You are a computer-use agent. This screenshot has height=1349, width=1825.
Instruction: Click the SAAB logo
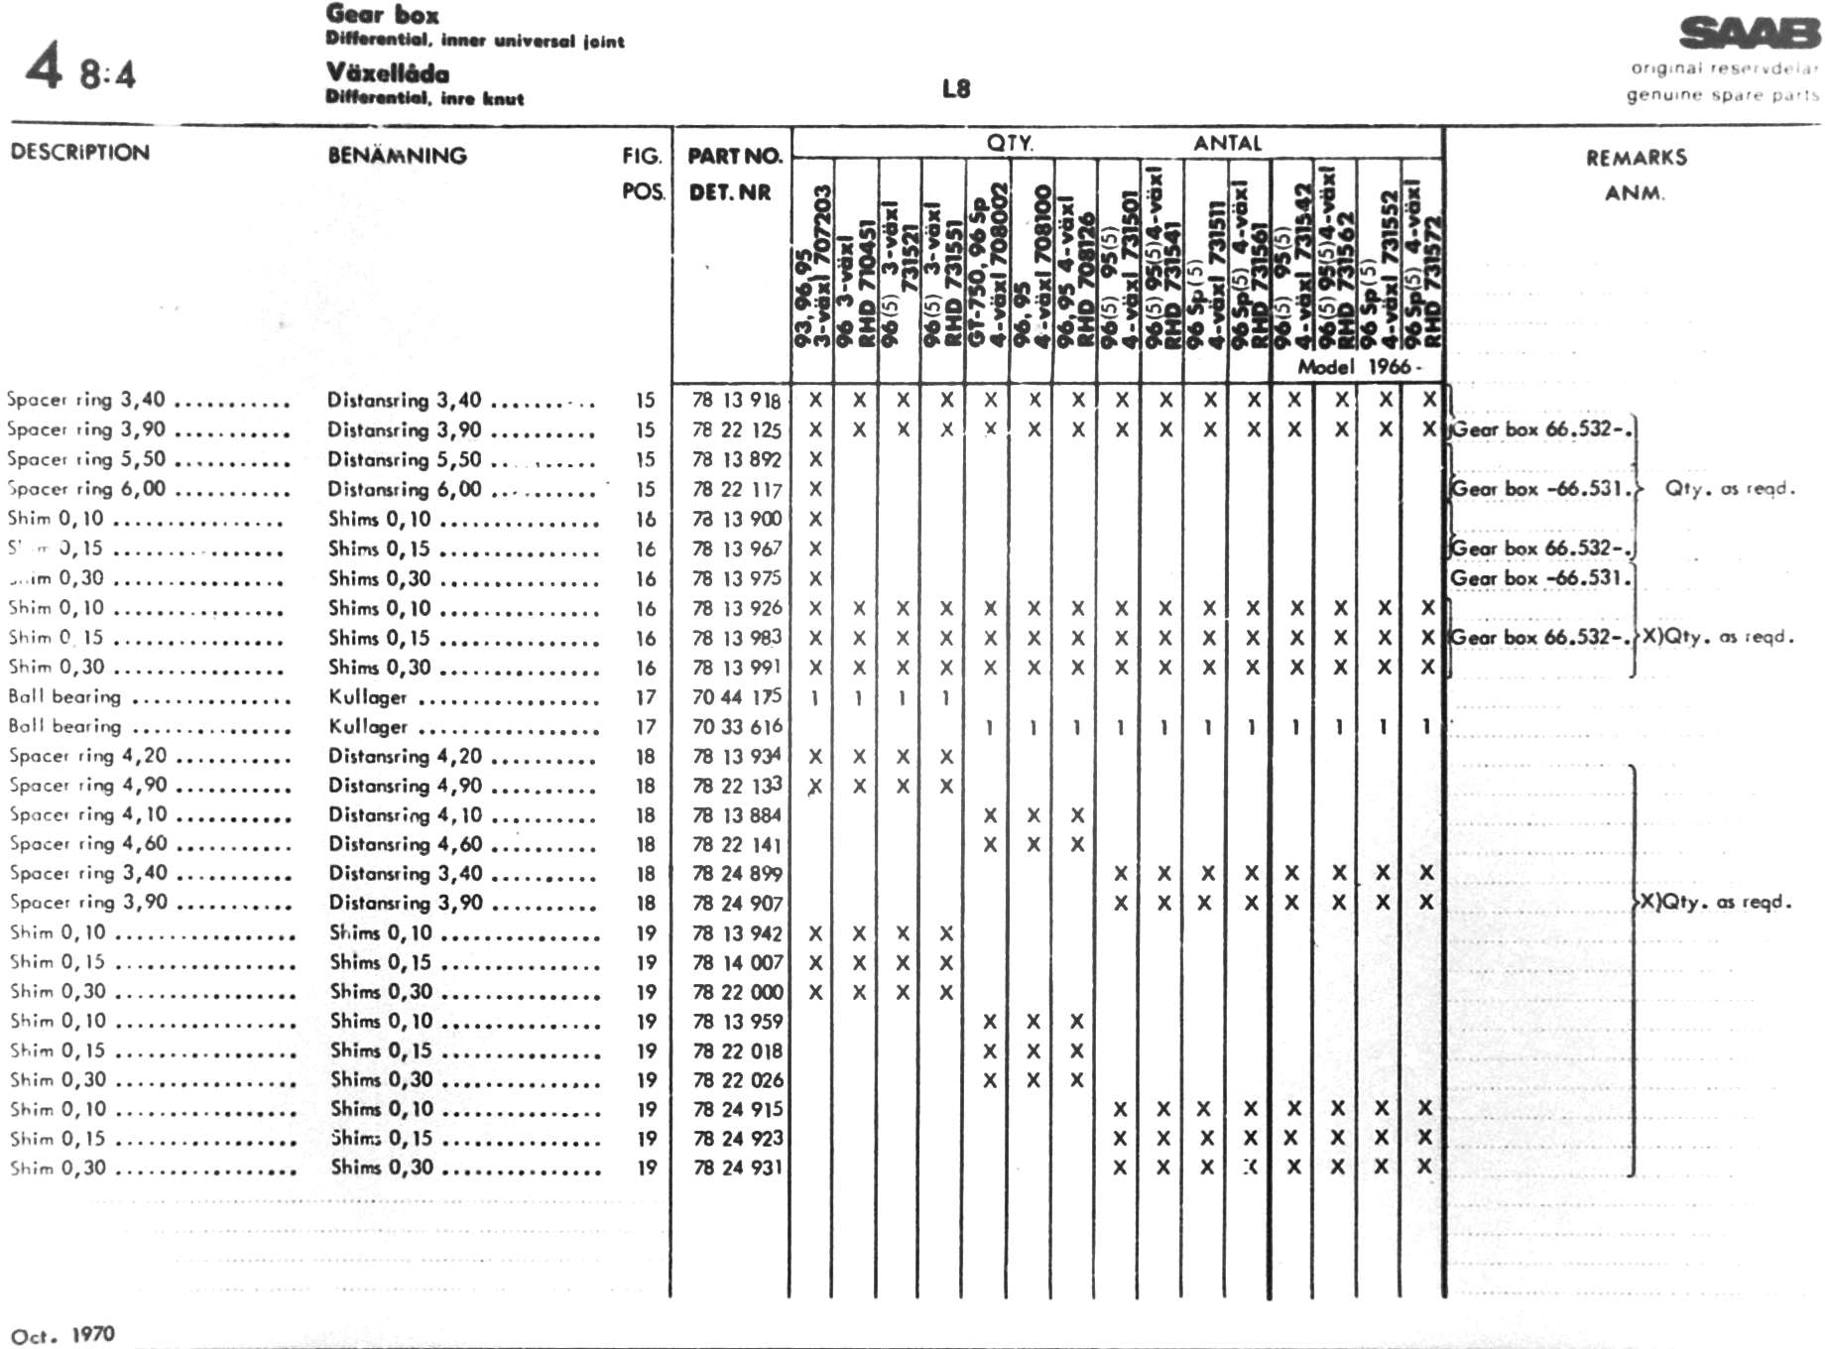tap(1749, 34)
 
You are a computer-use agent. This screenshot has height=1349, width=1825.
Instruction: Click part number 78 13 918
tap(737, 400)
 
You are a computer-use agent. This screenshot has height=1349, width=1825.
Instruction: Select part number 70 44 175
tap(737, 697)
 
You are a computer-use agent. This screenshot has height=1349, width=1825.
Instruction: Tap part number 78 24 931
tap(738, 1167)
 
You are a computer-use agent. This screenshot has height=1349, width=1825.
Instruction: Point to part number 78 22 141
tap(737, 844)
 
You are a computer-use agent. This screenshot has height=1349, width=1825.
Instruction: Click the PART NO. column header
tap(734, 156)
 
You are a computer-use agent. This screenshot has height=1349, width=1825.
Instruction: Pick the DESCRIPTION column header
tap(79, 153)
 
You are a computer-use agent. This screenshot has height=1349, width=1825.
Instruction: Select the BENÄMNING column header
tap(397, 156)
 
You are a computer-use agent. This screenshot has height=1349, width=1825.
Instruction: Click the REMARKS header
tap(1636, 158)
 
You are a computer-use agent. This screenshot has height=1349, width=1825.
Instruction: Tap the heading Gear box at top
tap(382, 15)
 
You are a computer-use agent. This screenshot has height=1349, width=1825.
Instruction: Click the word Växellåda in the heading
tap(388, 73)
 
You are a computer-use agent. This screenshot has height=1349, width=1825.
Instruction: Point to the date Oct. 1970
tap(62, 1335)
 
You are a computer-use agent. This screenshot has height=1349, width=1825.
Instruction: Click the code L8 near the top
tap(955, 89)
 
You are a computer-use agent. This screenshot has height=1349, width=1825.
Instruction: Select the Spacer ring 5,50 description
tap(86, 459)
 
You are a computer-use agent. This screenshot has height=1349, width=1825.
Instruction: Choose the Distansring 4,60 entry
tap(405, 844)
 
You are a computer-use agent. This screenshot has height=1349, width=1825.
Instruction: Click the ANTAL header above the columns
tap(1227, 143)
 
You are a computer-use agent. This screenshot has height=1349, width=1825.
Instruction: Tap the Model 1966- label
tap(1359, 367)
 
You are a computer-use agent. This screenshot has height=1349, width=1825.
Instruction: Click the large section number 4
tap(44, 67)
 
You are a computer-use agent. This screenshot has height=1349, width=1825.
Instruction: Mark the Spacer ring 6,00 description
tap(86, 489)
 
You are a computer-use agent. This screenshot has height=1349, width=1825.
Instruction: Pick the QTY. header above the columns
tap(1010, 143)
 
